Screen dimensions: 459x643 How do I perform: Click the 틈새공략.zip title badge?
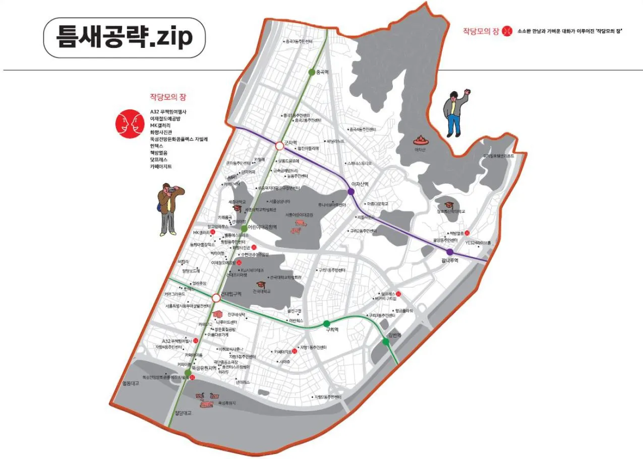click(124, 38)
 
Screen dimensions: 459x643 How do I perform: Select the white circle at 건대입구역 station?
click(216, 298)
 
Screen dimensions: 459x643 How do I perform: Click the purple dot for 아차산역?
click(351, 192)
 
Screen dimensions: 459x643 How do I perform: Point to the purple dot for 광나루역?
click(450, 252)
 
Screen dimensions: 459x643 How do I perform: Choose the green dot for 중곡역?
click(312, 72)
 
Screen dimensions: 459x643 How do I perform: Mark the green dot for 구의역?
click(327, 323)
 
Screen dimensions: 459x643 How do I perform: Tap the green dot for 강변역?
click(386, 341)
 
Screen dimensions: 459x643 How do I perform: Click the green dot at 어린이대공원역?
click(244, 228)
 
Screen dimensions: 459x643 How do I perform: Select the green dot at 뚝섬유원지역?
click(188, 373)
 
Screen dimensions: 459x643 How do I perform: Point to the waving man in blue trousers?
click(454, 113)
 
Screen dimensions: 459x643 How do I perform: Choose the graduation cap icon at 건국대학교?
click(261, 285)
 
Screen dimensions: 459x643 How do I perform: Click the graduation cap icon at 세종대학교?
click(237, 208)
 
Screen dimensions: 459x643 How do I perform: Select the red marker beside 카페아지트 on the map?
click(295, 352)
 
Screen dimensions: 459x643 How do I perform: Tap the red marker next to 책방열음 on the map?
click(467, 233)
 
